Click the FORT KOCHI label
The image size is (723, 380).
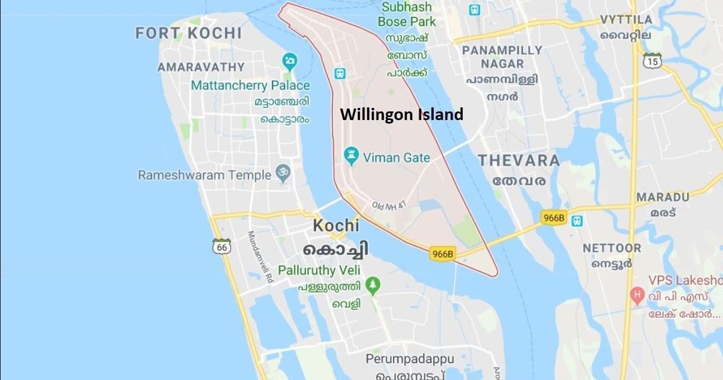[189, 33]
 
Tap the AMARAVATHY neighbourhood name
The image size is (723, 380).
[201, 67]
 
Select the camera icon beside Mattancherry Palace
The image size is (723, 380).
[290, 61]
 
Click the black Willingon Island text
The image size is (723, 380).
[401, 115]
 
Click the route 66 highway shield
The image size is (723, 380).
[222, 246]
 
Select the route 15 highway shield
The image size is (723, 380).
[652, 60]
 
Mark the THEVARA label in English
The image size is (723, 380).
[519, 160]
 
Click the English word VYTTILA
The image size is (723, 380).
[626, 20]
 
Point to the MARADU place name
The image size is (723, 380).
[663, 197]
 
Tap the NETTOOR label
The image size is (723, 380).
[612, 248]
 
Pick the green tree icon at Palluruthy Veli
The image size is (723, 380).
[374, 284]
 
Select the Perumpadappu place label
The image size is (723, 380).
[410, 359]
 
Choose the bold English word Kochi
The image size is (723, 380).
[336, 226]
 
